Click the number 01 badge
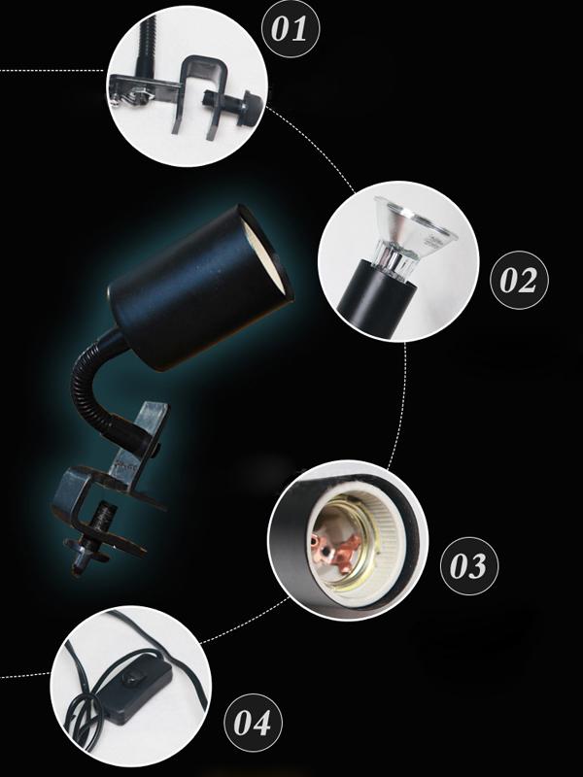(x=291, y=28)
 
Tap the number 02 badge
(x=519, y=280)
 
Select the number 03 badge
(x=469, y=565)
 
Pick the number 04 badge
(x=254, y=722)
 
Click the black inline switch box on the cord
(x=135, y=690)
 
